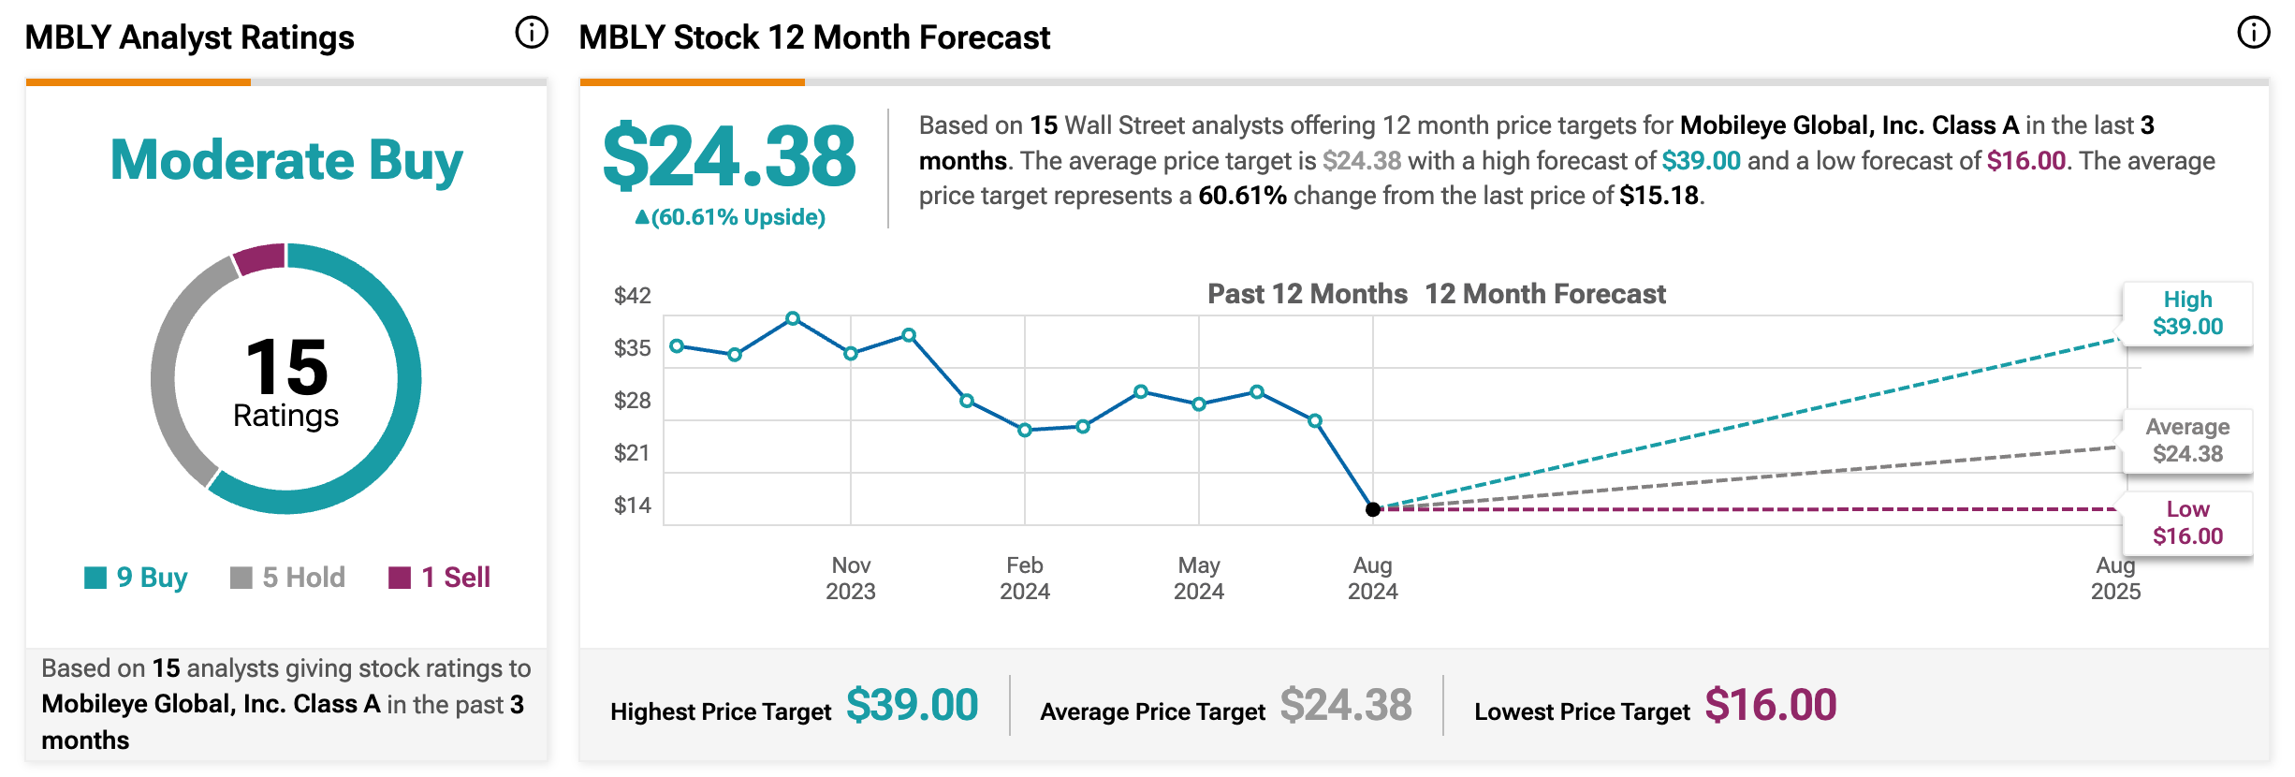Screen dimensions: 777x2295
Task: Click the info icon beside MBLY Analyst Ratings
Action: click(531, 33)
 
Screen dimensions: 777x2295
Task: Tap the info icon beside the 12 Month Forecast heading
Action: click(2253, 33)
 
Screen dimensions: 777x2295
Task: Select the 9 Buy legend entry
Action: click(137, 578)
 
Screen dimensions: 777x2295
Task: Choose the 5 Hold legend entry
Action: click(288, 578)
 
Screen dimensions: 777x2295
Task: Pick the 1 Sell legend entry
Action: click(440, 578)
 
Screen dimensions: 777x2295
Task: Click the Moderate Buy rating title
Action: click(286, 160)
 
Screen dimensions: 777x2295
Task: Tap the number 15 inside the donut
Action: click(286, 367)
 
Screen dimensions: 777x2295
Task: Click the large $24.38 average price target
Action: click(729, 156)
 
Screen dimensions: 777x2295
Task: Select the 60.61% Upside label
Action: click(730, 217)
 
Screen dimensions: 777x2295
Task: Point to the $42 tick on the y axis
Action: click(632, 296)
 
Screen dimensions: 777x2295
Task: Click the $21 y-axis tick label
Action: click(632, 453)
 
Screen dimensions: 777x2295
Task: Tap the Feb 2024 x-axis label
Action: click(1025, 578)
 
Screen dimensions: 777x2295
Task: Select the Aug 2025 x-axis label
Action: click(2115, 578)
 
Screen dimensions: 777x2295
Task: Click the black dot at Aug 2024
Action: click(1372, 509)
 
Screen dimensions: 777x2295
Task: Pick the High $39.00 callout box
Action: click(2187, 314)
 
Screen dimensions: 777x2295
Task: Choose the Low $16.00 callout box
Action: click(2187, 523)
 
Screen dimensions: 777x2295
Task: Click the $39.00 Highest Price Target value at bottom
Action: click(912, 705)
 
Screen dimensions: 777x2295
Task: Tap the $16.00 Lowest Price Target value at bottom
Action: click(1770, 705)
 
